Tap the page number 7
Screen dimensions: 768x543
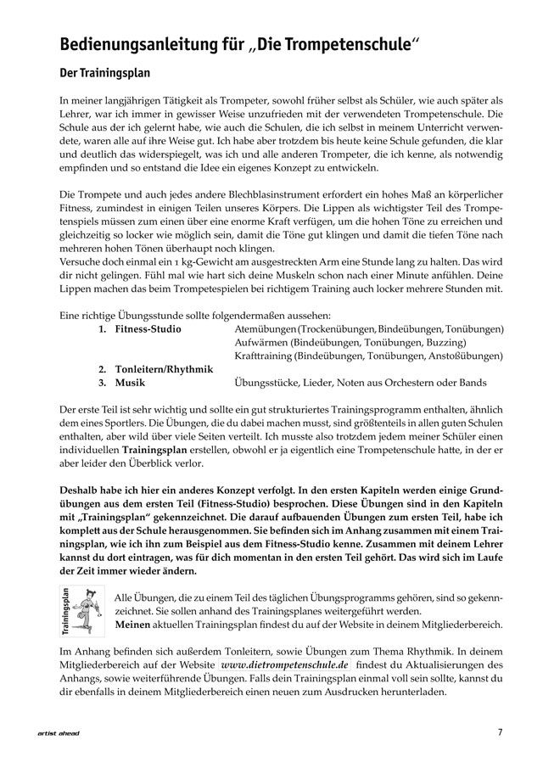pos(501,732)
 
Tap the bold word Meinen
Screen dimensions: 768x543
pos(134,625)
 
